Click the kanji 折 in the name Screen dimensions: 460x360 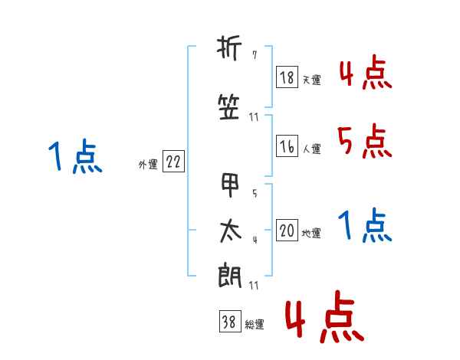[x=229, y=48]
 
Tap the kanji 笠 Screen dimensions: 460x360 [x=229, y=107]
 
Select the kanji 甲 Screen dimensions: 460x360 [x=230, y=185]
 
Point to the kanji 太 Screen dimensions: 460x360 [x=231, y=231]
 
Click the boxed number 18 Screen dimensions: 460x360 [x=287, y=77]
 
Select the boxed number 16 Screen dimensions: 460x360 [x=287, y=146]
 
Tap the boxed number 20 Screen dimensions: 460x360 [x=287, y=230]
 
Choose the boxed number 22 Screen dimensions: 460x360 [x=173, y=162]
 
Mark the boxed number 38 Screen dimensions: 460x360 [x=230, y=321]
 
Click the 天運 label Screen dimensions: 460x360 [x=311, y=80]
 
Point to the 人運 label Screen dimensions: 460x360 [x=312, y=149]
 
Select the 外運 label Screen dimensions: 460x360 [x=148, y=164]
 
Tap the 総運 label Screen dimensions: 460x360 [x=255, y=324]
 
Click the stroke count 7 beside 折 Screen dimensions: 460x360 [x=255, y=55]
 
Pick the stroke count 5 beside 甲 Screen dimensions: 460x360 [x=255, y=193]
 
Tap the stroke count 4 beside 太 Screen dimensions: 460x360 [x=255, y=240]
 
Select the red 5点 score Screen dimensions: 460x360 [x=364, y=141]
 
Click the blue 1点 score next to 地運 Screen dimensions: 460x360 [x=365, y=224]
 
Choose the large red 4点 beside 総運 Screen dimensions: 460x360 [x=325, y=316]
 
